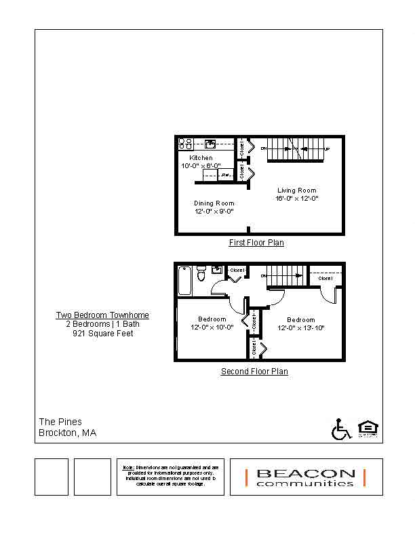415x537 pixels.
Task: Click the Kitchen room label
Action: [x=201, y=158]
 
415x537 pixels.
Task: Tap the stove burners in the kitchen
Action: [x=186, y=144]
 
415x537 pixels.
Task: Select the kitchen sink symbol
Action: [x=211, y=144]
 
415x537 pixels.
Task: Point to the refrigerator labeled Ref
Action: [x=225, y=176]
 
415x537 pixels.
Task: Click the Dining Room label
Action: [x=214, y=203]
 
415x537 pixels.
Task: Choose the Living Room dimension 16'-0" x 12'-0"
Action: [x=296, y=199]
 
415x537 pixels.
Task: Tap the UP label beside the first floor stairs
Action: [x=328, y=148]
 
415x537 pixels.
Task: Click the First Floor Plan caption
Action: [x=256, y=243]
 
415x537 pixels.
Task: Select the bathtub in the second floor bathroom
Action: [x=184, y=280]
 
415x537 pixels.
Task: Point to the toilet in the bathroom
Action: [x=201, y=274]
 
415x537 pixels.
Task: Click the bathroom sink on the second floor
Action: [x=217, y=270]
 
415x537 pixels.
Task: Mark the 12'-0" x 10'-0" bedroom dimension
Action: [x=212, y=327]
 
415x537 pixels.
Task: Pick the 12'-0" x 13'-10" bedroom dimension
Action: [x=300, y=328]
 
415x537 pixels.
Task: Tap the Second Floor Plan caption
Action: [x=254, y=372]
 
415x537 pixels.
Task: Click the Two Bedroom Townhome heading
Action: [x=102, y=315]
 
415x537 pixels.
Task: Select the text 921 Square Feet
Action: [x=102, y=334]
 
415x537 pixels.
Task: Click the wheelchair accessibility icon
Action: [x=340, y=429]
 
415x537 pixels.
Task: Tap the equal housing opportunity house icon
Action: [x=367, y=429]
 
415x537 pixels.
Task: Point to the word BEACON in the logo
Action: [x=305, y=473]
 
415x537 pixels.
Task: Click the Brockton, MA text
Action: [x=67, y=433]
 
